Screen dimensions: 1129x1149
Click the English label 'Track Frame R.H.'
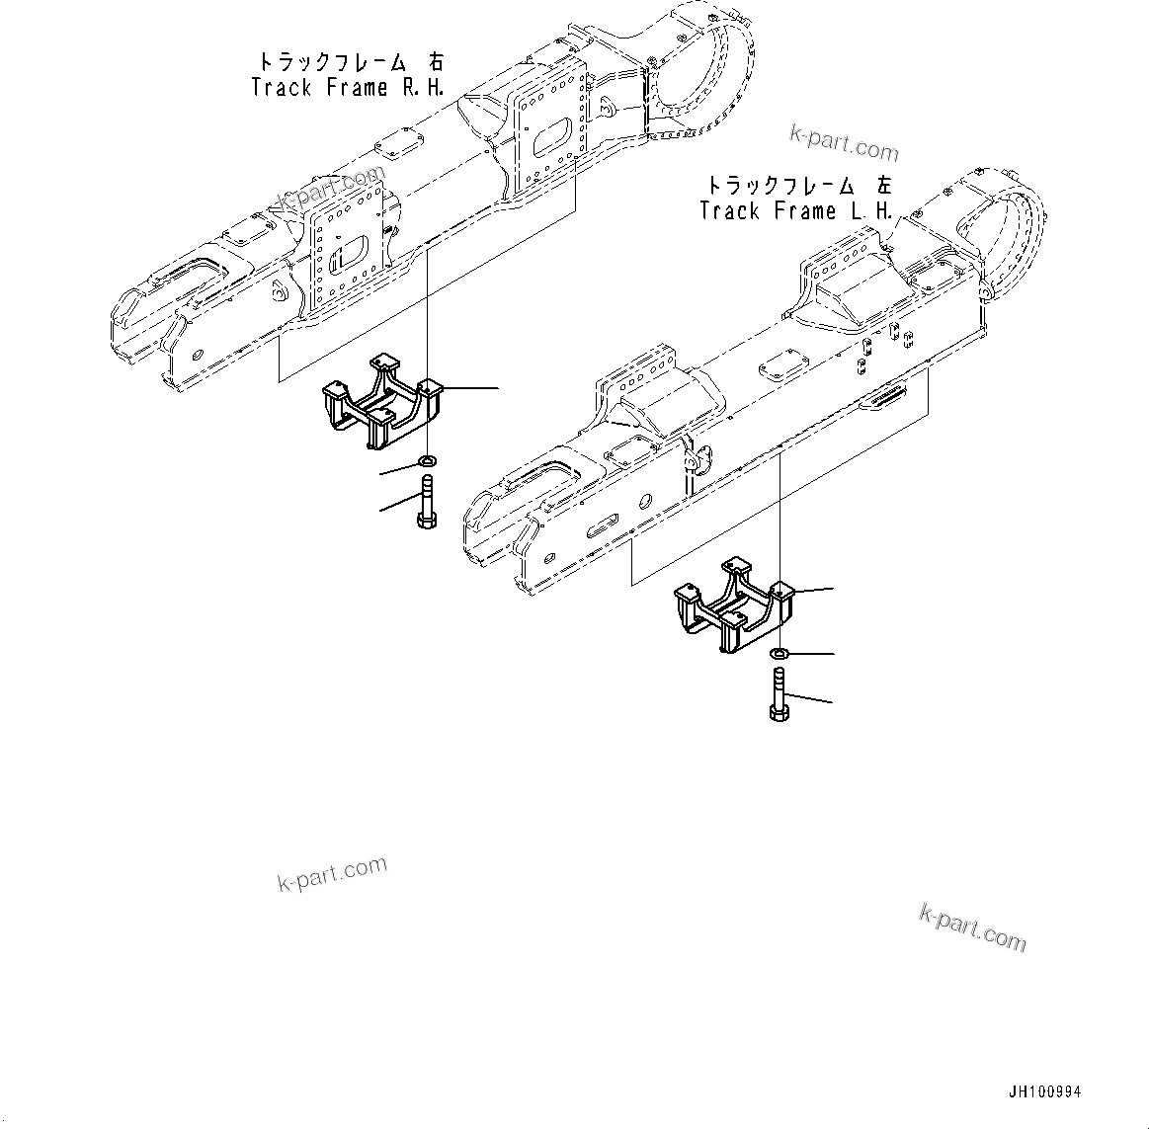click(347, 88)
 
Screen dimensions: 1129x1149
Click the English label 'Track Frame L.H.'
click(795, 211)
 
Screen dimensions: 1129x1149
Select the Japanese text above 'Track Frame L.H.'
click(797, 185)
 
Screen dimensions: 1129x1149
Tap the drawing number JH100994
click(1044, 1092)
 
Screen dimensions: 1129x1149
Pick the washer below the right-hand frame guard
click(427, 461)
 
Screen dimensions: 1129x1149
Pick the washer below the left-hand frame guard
click(779, 653)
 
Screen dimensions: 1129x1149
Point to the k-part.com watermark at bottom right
click(972, 927)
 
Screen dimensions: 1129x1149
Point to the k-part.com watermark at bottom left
click(332, 873)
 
